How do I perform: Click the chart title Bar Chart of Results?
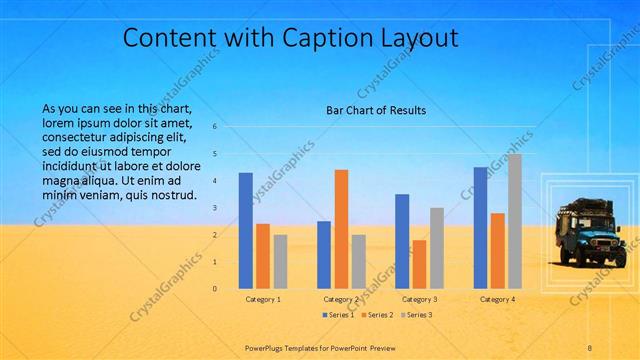(x=375, y=110)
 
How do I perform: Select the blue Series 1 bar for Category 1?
(x=245, y=231)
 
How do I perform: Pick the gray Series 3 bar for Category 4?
(x=514, y=221)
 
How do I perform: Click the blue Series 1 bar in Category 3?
(x=402, y=241)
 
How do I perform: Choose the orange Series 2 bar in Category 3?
(x=419, y=264)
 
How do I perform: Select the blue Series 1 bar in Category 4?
(x=480, y=228)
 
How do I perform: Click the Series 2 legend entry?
(x=379, y=315)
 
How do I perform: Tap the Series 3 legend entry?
(x=417, y=315)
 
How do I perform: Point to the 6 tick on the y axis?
(x=214, y=127)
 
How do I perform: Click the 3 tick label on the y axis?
(x=214, y=208)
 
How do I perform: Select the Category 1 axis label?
(x=263, y=299)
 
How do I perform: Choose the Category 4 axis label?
(x=497, y=299)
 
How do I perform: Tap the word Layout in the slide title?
(x=421, y=38)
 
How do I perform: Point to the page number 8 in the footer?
(x=590, y=347)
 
